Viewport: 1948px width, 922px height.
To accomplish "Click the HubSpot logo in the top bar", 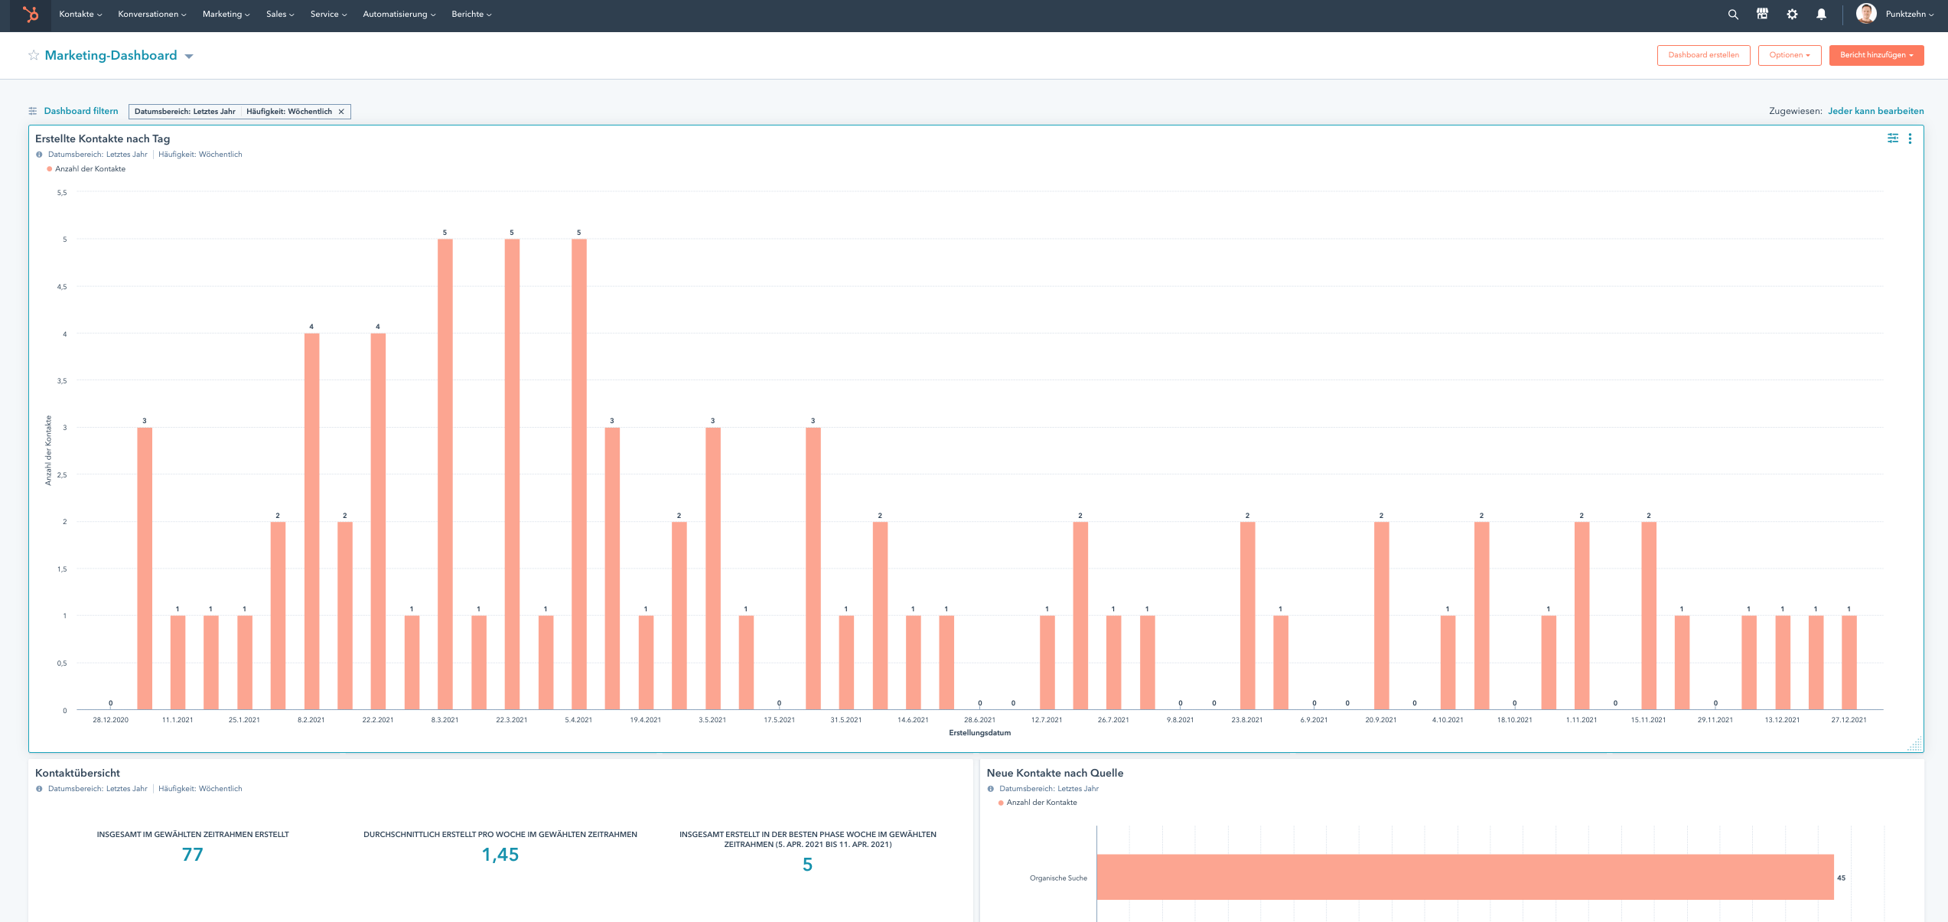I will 31,15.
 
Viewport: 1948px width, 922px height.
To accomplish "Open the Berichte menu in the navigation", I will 471,15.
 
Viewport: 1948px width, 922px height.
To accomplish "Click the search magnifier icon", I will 1733,15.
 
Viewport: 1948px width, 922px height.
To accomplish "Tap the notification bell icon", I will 1821,15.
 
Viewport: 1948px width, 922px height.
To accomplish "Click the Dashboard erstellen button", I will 1703,55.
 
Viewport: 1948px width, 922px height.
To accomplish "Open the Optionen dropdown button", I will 1789,55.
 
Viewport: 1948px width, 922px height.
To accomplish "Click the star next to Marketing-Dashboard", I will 34,55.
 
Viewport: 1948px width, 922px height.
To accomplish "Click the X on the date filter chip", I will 341,112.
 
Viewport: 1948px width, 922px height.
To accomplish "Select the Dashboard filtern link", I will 80,111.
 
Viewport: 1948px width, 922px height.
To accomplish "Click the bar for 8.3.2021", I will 445,474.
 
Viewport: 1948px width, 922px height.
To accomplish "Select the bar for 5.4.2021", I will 579,474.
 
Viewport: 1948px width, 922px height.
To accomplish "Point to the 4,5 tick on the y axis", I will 62,287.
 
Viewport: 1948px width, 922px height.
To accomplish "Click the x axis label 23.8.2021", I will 1246,720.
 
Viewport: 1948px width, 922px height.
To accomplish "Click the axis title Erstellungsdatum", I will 979,733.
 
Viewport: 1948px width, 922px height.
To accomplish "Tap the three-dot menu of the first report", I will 1910,138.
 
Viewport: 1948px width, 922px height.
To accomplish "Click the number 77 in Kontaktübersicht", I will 193,855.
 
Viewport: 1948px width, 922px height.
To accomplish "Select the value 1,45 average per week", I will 500,855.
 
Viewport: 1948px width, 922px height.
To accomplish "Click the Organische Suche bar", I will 1464,877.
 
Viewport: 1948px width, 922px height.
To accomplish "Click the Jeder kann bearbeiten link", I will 1875,111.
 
